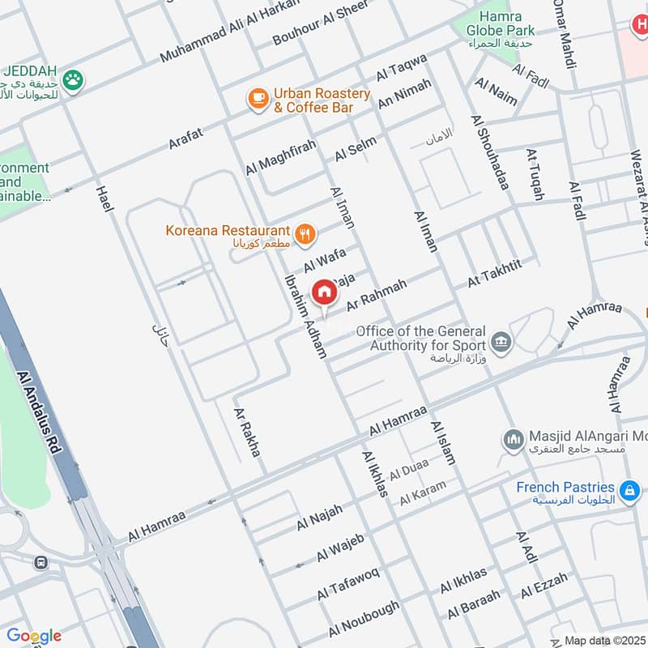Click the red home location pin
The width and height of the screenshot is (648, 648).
click(x=324, y=292)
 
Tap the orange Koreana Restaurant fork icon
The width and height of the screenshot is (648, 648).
click(x=305, y=235)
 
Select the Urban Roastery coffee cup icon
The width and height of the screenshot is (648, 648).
click(x=258, y=99)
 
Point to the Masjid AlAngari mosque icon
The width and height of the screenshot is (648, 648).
click(x=512, y=440)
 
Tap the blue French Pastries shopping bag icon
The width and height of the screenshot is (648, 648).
click(x=629, y=490)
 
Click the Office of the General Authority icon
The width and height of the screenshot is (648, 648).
click(x=501, y=341)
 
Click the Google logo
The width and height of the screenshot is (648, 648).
click(x=34, y=636)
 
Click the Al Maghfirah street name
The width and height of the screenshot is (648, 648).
click(x=280, y=157)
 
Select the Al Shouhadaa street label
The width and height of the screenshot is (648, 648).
click(x=489, y=152)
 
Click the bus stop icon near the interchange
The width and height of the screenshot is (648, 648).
click(x=40, y=562)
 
